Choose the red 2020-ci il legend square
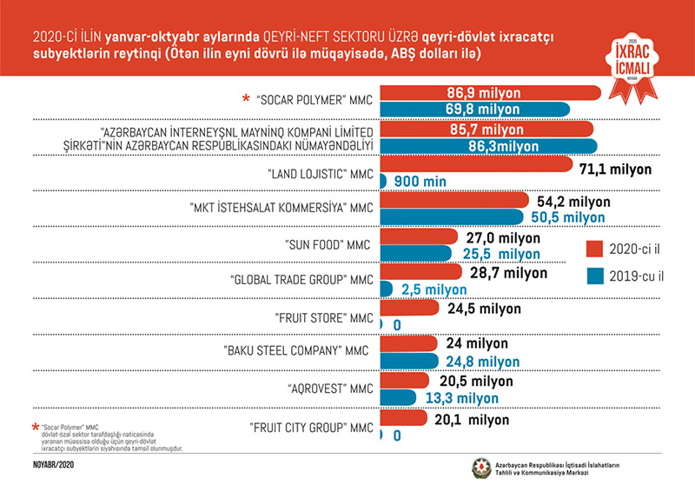point(594,249)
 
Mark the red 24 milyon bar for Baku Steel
point(409,343)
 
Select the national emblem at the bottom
point(480,469)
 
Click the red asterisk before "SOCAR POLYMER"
point(246,99)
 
